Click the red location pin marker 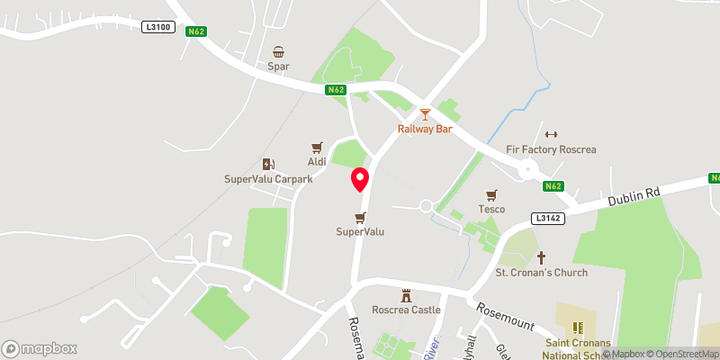point(360,178)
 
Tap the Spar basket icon point(278,51)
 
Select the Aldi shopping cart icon point(317,147)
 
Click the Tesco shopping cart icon point(491,194)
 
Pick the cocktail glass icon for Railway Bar point(425,114)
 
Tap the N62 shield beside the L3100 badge point(196,32)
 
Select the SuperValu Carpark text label point(268,179)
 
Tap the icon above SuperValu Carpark point(267,164)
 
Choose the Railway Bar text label point(425,129)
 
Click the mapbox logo point(40,348)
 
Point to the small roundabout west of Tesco point(426,205)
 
